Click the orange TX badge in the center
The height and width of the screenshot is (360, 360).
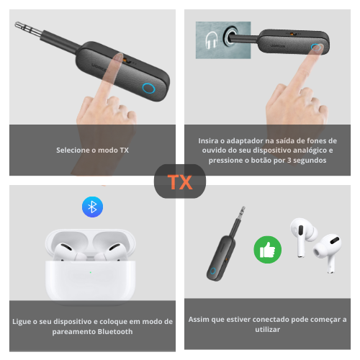click(180, 182)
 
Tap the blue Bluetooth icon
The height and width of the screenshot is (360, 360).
click(92, 207)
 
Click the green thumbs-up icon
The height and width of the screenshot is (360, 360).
click(268, 250)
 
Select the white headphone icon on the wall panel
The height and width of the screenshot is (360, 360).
click(212, 40)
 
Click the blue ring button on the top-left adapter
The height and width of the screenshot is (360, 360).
click(148, 88)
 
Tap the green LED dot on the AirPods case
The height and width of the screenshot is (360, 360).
click(91, 272)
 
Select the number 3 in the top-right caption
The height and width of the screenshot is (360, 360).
click(289, 161)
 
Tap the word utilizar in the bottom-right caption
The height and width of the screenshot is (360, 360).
click(267, 330)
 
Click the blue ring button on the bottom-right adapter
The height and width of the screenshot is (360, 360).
click(212, 271)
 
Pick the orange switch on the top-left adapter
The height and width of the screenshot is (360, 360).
click(125, 61)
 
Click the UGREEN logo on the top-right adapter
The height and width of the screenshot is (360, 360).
click(278, 45)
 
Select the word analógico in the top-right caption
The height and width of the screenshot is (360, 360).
click(306, 150)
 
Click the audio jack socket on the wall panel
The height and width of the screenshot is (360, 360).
click(230, 35)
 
